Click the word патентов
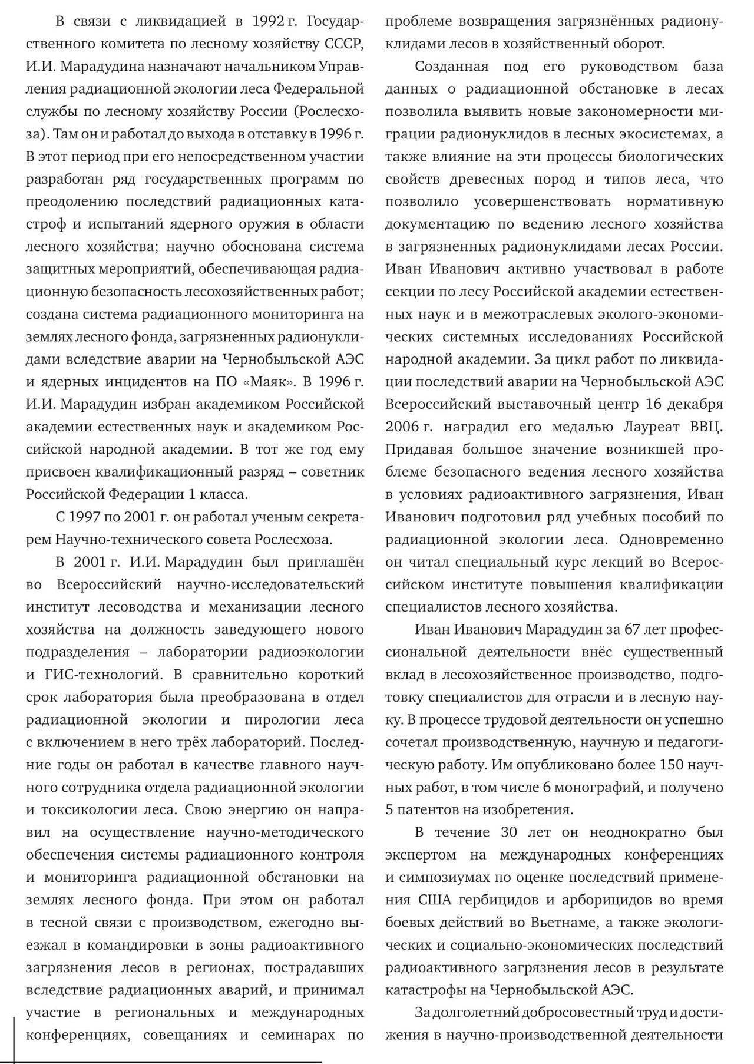click(x=429, y=809)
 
